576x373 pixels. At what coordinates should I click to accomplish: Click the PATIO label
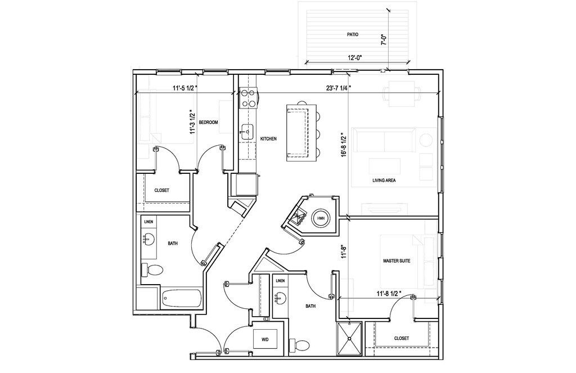(352, 34)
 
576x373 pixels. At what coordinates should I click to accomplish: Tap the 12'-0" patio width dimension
(354, 57)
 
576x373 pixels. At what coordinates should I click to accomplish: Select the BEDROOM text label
(208, 122)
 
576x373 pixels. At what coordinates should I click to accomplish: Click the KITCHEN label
(268, 138)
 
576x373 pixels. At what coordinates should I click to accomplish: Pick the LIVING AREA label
(385, 181)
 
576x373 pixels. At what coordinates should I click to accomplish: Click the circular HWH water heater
(321, 218)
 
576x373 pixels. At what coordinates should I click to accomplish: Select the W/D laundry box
(265, 339)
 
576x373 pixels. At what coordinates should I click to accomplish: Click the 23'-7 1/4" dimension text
(339, 87)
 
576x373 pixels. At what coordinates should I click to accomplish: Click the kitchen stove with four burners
(247, 99)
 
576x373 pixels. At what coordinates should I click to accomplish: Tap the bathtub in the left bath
(181, 298)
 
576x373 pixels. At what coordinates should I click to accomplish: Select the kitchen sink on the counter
(246, 133)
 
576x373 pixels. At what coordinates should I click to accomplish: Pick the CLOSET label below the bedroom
(161, 190)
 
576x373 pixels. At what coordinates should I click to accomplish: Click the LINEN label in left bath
(148, 222)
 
